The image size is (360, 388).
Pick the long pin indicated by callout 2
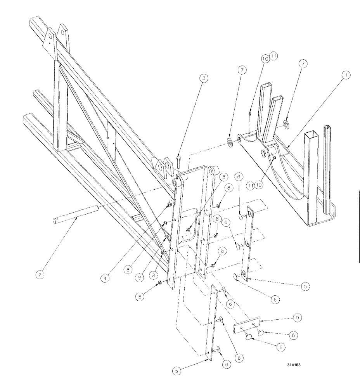pyautogui.click(x=75, y=217)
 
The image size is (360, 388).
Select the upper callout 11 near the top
pyautogui.click(x=274, y=57)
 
